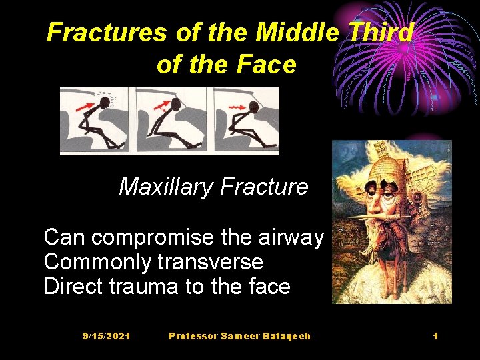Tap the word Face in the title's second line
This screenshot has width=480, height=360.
click(x=269, y=64)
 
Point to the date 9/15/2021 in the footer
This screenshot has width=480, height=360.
click(x=107, y=336)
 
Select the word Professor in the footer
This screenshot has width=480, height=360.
click(x=194, y=336)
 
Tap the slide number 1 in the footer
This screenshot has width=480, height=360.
click(x=435, y=336)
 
